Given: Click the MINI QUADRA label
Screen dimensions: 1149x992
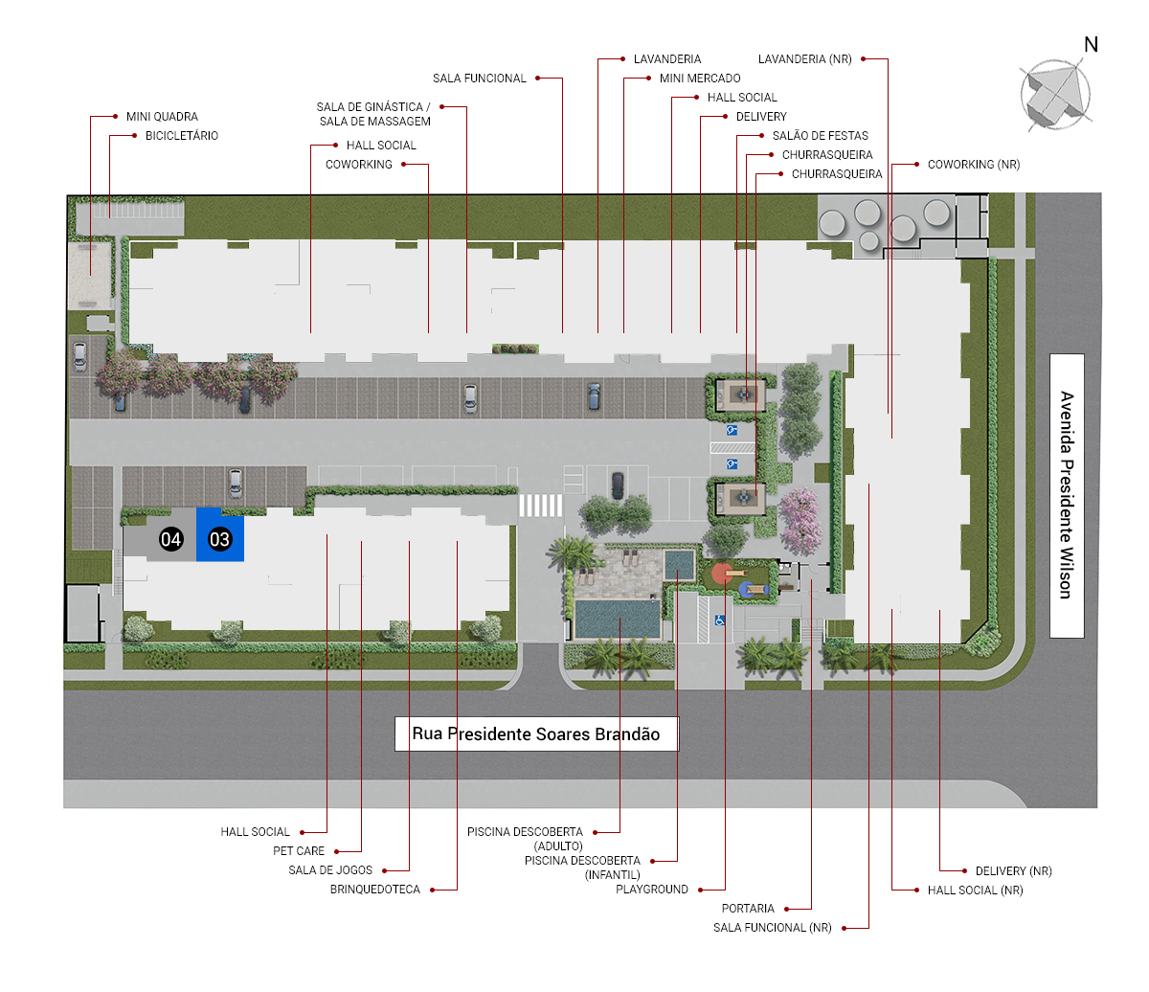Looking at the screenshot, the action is (x=162, y=117).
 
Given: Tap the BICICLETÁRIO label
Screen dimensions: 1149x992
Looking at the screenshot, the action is (x=182, y=136).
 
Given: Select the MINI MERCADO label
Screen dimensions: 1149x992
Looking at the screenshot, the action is (x=700, y=79).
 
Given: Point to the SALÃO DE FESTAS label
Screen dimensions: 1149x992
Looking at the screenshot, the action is (x=820, y=136).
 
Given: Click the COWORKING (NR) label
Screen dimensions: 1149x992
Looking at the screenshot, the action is (x=974, y=165).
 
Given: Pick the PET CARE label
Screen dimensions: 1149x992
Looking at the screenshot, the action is (x=299, y=851).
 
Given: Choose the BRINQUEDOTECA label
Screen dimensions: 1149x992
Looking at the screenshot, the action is (x=374, y=890).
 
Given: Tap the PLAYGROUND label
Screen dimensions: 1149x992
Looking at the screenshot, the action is (x=651, y=890).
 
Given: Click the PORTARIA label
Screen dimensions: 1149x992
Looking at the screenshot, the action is (x=748, y=909).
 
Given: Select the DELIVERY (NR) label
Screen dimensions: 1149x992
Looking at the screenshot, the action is (x=1013, y=871).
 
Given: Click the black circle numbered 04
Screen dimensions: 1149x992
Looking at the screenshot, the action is (x=170, y=539).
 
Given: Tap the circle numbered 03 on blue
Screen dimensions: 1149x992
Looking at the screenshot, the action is (x=219, y=539).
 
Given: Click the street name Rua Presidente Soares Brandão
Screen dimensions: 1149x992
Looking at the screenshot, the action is (x=536, y=734).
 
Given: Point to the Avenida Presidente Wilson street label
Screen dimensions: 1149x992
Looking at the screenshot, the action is (x=1066, y=495).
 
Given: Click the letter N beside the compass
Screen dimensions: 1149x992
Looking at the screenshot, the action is (x=1091, y=44).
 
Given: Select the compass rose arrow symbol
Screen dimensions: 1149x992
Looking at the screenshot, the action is (x=1055, y=96).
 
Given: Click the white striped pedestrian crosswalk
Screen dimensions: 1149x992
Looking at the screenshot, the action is (x=540, y=506).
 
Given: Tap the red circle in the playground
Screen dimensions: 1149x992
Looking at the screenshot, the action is (x=722, y=574).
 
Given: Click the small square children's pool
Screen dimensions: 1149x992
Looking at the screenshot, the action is (x=679, y=564).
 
